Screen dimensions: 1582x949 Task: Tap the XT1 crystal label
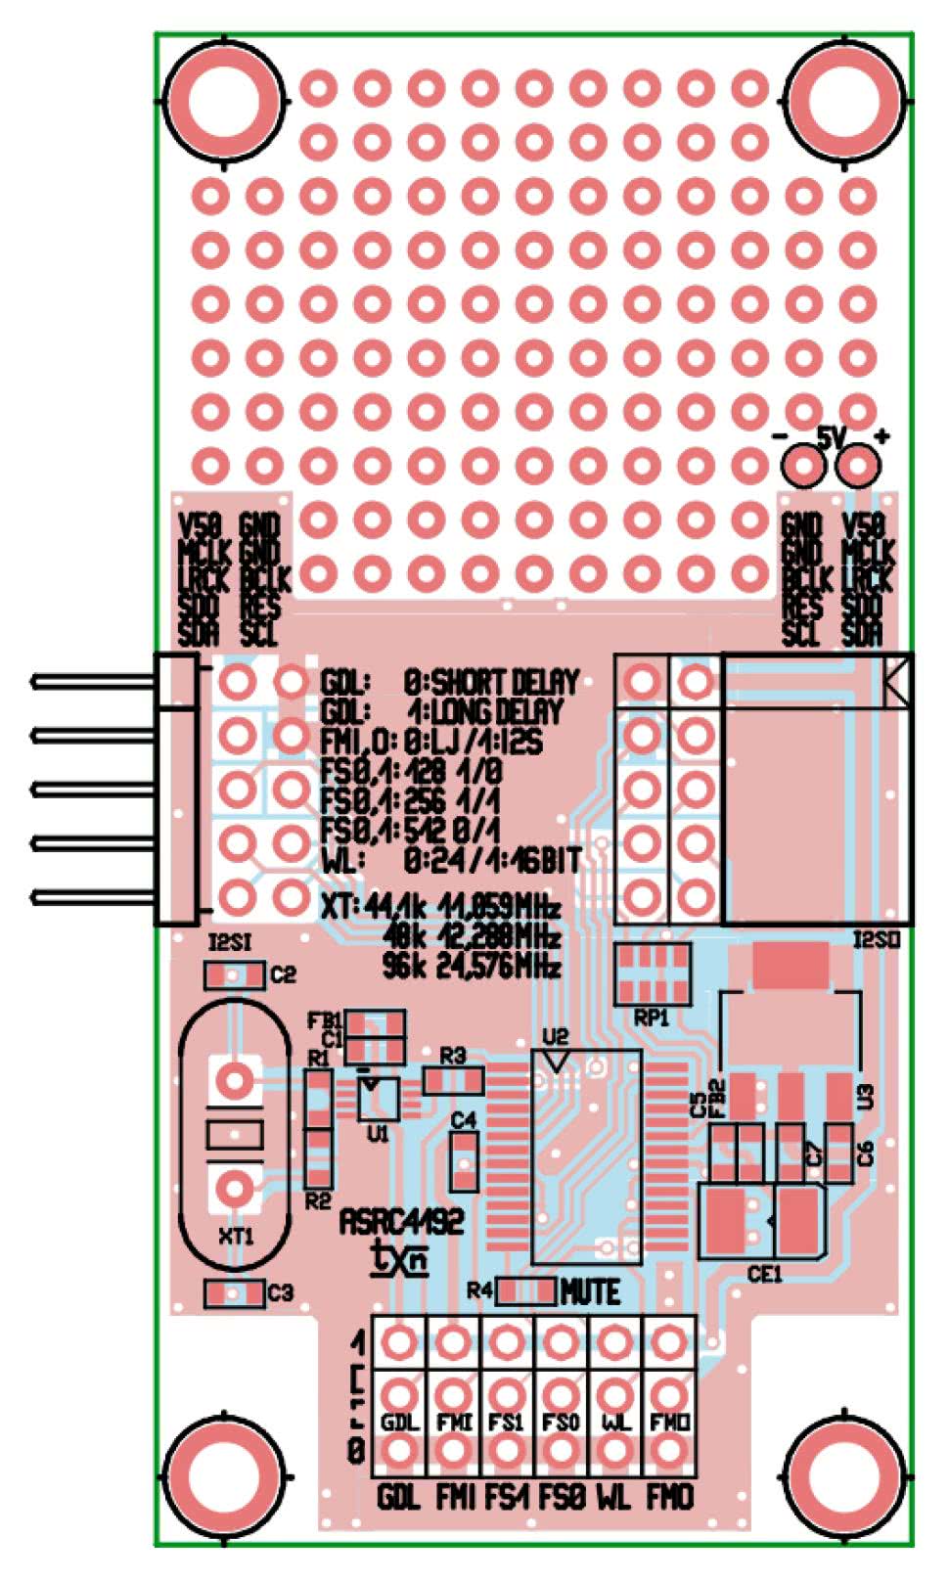point(235,1236)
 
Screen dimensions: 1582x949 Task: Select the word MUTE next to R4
point(590,1292)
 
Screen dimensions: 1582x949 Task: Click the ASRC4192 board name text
point(401,1221)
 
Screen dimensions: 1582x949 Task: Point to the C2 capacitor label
point(284,974)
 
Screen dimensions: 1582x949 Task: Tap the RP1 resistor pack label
point(651,1017)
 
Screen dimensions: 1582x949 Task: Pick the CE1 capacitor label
point(764,1274)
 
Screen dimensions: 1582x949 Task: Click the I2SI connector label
point(232,944)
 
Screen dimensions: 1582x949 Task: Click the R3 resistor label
point(453,1056)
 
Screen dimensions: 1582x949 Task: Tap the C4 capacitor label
point(464,1119)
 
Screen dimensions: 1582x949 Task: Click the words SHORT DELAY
point(505,682)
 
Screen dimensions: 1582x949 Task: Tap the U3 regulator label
point(866,1097)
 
